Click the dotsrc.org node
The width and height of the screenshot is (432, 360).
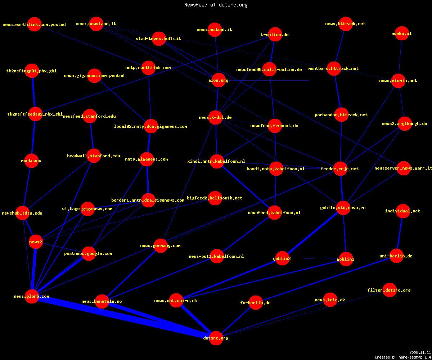[x=216, y=338]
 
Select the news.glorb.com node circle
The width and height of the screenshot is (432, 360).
[x=32, y=296]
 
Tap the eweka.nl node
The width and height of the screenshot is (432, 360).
[x=402, y=33]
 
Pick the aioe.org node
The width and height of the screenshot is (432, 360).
[x=219, y=80]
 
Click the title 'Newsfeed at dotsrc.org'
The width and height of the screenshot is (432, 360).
[x=216, y=5]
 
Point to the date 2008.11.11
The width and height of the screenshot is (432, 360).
[x=420, y=352]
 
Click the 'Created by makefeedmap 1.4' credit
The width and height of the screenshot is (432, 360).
[x=403, y=357]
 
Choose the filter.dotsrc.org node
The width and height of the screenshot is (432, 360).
[x=390, y=290]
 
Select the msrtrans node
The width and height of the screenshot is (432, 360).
[x=31, y=161]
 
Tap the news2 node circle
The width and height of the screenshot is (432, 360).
[x=36, y=242]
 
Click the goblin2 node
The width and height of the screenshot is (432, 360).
[x=282, y=258]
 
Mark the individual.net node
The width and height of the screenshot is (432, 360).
[x=403, y=211]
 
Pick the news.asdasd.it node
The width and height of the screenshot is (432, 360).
[x=215, y=30]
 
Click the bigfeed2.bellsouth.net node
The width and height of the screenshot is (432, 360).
[x=215, y=198]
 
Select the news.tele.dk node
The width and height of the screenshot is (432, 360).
[x=330, y=300]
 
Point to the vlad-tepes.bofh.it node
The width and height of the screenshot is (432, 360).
[x=159, y=39]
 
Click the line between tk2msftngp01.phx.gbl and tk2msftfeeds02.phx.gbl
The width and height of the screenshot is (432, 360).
[x=33, y=92]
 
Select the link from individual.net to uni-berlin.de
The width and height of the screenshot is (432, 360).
[x=400, y=233]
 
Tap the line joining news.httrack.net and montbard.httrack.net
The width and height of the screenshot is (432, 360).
[x=340, y=46]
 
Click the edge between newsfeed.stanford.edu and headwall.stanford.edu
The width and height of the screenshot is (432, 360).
[x=92, y=136]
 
